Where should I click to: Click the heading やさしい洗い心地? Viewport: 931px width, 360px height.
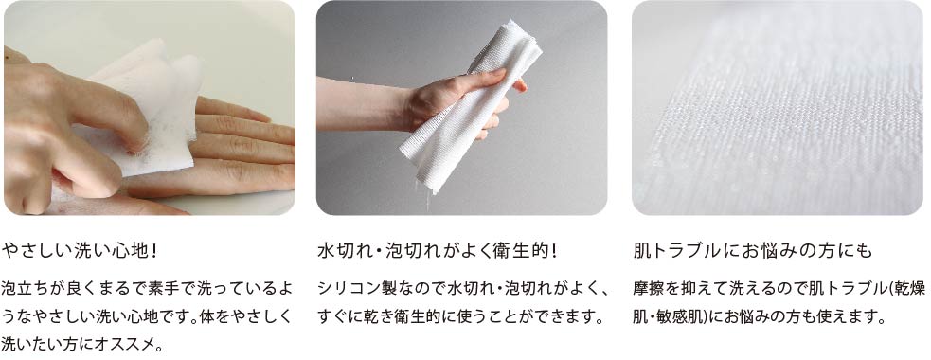[81, 251]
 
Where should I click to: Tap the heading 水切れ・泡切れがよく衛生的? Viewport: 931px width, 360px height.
[439, 251]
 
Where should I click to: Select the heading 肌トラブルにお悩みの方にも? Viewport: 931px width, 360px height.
[753, 251]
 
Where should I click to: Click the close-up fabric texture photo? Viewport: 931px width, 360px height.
[778, 107]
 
